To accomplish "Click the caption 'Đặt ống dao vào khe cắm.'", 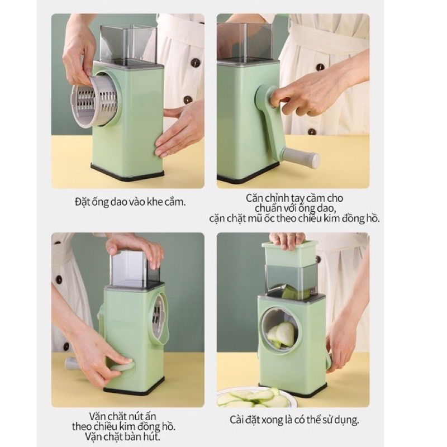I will [x=130, y=202].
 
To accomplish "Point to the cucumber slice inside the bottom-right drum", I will [x=284, y=334].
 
